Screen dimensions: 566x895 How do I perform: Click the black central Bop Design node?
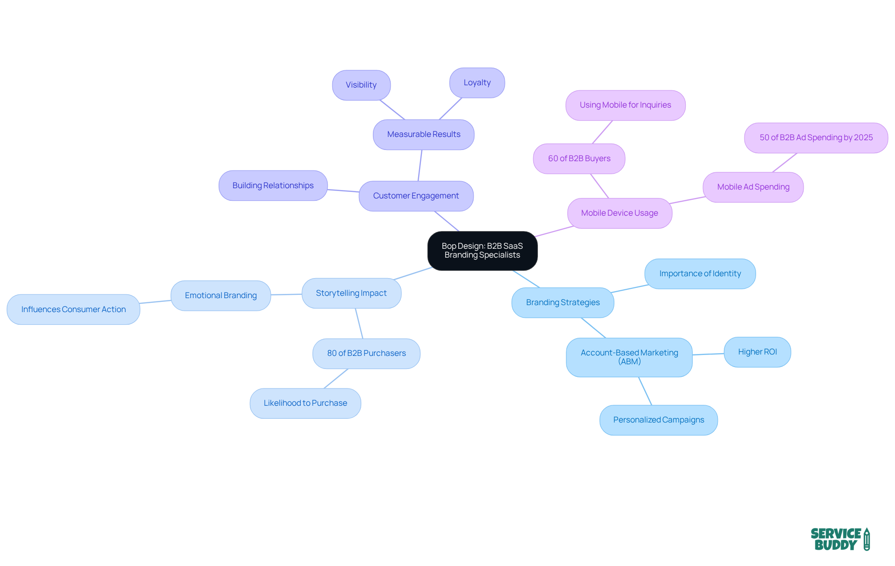click(482, 251)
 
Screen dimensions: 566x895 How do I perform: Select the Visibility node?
click(361, 85)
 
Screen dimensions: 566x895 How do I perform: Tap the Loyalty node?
click(477, 83)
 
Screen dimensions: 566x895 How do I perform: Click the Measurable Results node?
click(423, 135)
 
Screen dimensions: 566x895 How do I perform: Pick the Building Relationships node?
click(273, 185)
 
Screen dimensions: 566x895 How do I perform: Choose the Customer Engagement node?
click(416, 196)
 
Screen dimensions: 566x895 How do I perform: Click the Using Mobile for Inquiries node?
click(625, 105)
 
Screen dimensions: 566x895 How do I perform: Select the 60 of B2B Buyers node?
click(579, 159)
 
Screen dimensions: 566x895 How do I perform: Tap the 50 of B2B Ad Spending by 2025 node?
click(816, 138)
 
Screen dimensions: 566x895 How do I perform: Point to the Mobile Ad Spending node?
click(753, 187)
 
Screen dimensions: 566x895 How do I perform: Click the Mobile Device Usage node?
click(619, 213)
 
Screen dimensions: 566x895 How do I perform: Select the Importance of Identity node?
click(700, 274)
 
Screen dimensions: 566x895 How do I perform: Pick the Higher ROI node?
click(757, 352)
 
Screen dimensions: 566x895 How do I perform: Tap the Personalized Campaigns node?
click(658, 420)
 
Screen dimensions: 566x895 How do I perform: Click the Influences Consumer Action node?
click(73, 309)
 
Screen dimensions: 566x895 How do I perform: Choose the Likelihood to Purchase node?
click(305, 403)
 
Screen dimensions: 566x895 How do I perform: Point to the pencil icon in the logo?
click(867, 539)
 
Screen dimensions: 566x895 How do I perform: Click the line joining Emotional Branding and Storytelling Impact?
click(286, 294)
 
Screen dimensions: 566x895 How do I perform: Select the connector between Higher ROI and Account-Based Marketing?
click(708, 355)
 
